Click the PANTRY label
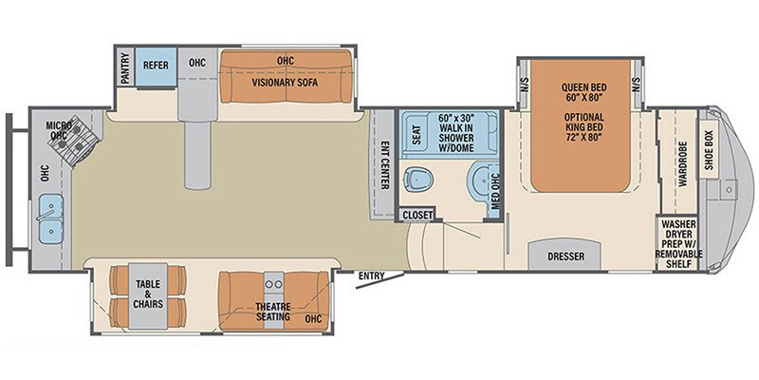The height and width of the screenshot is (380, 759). tap(125, 68)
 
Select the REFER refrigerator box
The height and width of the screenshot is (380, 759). tap(156, 66)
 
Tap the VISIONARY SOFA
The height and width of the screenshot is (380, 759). tap(284, 82)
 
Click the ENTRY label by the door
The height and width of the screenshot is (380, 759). tap(371, 276)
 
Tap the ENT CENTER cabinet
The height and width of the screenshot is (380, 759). tap(384, 165)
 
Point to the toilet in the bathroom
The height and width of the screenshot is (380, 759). tap(418, 177)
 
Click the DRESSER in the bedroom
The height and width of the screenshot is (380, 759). tap(565, 256)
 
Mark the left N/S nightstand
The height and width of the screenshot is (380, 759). tap(524, 85)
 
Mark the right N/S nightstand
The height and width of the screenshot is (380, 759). tap(637, 85)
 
